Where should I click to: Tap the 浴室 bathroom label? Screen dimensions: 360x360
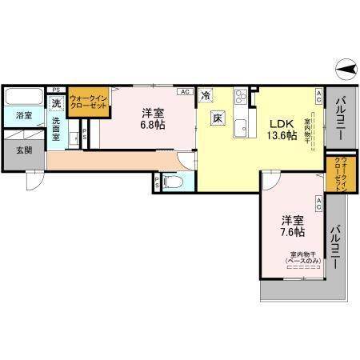point(24,115)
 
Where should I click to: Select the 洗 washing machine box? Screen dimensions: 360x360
point(56,103)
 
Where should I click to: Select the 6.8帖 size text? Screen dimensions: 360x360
point(154,126)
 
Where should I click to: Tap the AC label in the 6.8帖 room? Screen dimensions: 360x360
point(185,92)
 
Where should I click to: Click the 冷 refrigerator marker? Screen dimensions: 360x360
point(206,96)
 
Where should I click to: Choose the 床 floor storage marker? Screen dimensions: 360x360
point(217,118)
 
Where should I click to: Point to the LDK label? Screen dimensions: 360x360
point(281,124)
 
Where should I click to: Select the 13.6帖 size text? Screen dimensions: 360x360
point(282,136)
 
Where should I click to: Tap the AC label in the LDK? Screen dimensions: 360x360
point(318,98)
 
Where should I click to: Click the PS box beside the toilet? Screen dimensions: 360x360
point(157,183)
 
